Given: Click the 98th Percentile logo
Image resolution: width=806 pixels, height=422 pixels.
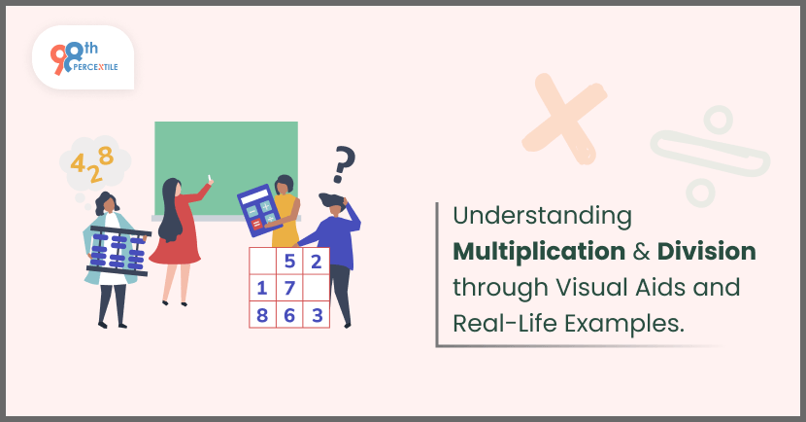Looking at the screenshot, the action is click(84, 57).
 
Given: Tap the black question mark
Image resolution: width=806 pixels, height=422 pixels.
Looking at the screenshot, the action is click(344, 164).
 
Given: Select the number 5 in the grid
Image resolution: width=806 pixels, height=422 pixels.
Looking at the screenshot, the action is click(289, 262).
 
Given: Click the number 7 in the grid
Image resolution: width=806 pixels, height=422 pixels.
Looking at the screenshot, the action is click(289, 288).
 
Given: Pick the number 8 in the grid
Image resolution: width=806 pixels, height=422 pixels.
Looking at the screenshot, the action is click(262, 315).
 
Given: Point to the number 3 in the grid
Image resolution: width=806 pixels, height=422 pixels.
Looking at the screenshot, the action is click(318, 315).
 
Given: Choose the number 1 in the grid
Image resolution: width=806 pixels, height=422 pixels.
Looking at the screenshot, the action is click(261, 288).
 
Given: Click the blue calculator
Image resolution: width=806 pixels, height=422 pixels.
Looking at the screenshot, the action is click(259, 210).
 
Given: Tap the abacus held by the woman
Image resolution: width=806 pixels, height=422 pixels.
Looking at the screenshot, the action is click(118, 251).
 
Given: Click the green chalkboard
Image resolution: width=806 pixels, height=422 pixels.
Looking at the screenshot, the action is click(226, 168).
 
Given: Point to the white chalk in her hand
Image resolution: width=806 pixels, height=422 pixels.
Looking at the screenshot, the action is click(209, 178).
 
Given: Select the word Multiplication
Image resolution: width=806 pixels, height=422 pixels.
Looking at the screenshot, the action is click(539, 251).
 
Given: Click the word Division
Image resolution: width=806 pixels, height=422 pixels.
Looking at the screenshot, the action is click(706, 251).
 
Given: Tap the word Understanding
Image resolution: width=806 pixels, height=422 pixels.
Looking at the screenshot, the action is click(542, 216).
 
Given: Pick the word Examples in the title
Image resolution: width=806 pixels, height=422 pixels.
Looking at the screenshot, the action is click(624, 324).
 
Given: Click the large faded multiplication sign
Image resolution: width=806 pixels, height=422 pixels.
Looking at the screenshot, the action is click(564, 120).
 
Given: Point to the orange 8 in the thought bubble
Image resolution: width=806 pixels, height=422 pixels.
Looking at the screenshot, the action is click(106, 156).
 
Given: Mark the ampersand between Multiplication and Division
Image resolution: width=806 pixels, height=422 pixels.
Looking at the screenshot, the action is click(641, 252).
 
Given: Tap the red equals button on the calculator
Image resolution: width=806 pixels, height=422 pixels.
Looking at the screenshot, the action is click(256, 224).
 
